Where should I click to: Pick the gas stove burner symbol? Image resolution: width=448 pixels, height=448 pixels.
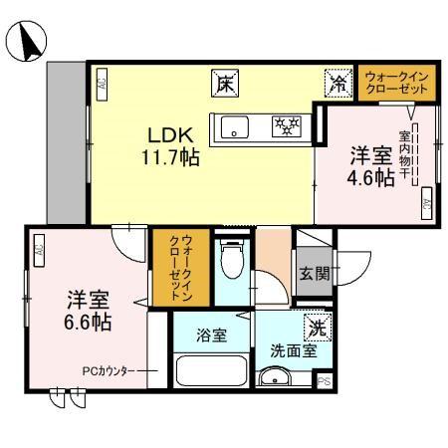pos(287,125)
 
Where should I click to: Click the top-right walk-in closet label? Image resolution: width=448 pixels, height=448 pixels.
pos(397,83)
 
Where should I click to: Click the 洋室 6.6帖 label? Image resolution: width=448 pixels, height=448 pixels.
pos(88,310)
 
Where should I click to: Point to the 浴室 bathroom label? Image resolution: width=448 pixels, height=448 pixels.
pos(210,335)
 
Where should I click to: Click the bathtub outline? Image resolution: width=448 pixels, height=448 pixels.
pos(211,371)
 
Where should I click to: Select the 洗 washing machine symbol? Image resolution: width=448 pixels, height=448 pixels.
pos(316,326)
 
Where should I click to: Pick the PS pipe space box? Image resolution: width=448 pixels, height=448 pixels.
pos(324,381)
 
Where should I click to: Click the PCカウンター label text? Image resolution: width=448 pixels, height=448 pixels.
pos(110,370)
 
